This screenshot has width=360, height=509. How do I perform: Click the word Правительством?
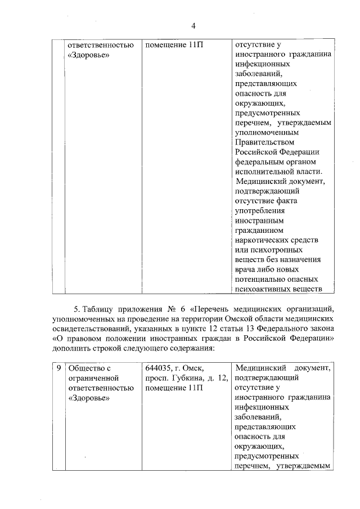coord(262,142)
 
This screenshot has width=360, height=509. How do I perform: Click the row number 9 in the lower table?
coord(58,368)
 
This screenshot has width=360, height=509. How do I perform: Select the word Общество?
coord(85,368)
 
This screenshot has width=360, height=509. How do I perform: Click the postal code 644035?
coord(160,368)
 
